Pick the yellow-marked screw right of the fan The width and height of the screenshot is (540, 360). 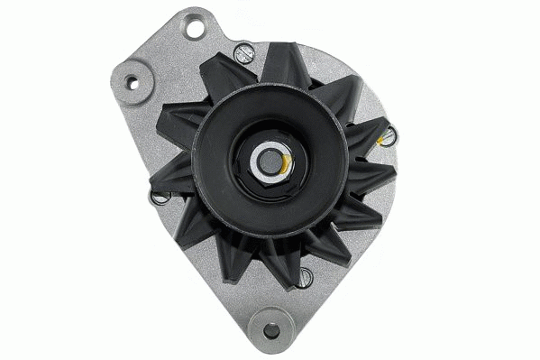click(x=389, y=136)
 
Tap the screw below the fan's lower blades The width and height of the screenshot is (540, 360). click(x=306, y=275)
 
